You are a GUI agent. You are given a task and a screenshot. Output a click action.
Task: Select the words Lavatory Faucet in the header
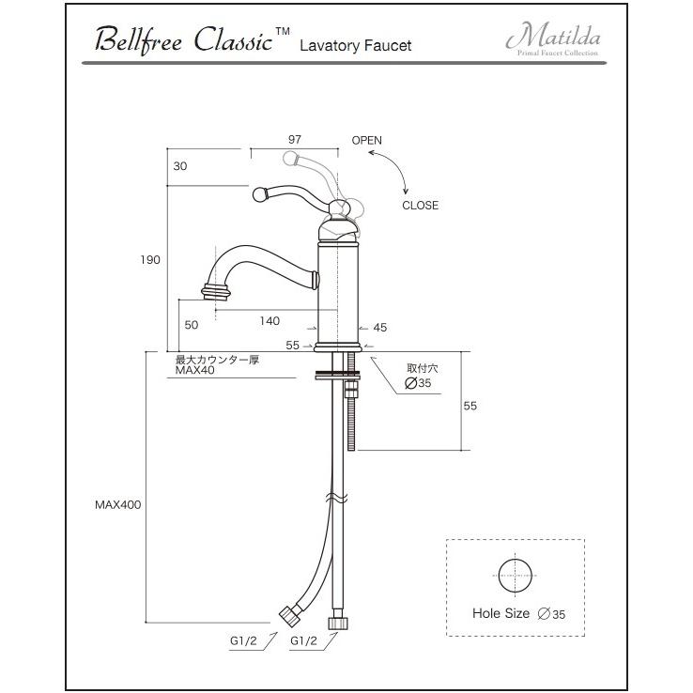pos(356,45)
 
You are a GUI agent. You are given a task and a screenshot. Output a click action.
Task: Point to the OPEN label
pos(367,141)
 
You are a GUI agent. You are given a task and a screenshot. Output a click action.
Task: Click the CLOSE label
pos(420,206)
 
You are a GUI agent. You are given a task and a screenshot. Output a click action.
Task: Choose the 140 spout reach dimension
pos(269,321)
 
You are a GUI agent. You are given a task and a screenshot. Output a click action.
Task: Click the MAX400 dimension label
pos(117,504)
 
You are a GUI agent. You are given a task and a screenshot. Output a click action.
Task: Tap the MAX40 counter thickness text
pos(195,371)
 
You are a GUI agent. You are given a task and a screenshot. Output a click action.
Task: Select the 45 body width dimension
pos(380,328)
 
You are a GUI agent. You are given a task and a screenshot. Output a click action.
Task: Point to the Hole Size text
pos(501,614)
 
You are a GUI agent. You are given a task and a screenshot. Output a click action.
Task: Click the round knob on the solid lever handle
pos(260,195)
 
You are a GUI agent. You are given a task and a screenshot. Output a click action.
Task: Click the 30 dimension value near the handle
pos(181,166)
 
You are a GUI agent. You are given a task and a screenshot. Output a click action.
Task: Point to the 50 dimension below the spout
pos(192,325)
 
